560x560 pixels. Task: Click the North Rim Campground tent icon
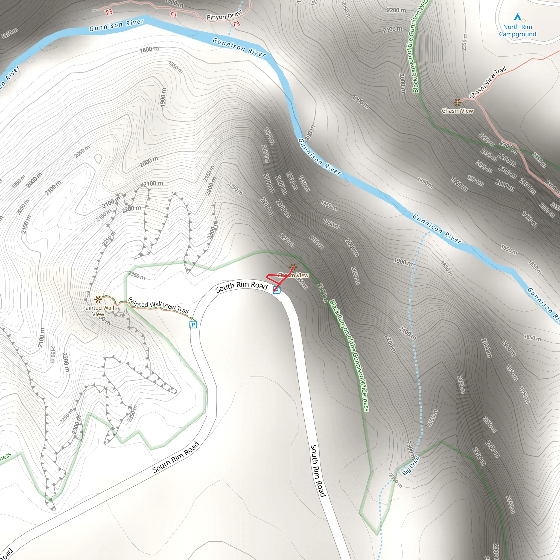coord(517,16)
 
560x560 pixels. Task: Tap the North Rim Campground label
coord(517,30)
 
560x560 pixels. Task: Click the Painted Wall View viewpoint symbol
coord(98,299)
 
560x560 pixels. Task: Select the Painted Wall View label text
coord(98,311)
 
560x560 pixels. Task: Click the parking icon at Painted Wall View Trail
coord(193,324)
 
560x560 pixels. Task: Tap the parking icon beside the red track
coord(277,290)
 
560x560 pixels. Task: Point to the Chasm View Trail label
coord(488,83)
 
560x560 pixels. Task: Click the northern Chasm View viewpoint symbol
coord(457,102)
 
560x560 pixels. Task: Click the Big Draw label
coord(411,465)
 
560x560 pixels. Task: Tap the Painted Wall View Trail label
coord(158,305)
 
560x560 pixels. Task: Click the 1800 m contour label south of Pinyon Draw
coord(149,49)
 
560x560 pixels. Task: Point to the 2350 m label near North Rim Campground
coord(464,42)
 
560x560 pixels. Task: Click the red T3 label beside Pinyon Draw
coord(236,24)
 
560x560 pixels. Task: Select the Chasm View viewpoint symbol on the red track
coord(293,266)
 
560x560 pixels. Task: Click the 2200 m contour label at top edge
coord(396,10)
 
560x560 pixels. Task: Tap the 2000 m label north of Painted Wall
coord(149,161)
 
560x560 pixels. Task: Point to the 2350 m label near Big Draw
coord(395,481)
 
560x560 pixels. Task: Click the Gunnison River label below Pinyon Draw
coord(239,47)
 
